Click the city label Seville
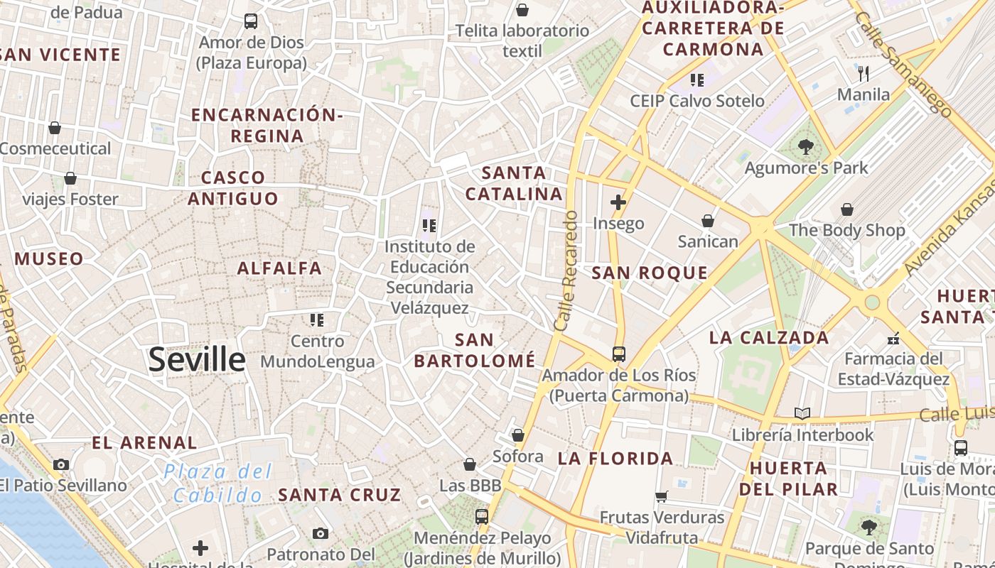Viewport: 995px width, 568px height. click(197, 360)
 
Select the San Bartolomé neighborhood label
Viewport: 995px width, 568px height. click(475, 350)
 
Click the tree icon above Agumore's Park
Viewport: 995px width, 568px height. click(806, 148)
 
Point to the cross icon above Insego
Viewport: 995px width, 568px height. click(618, 202)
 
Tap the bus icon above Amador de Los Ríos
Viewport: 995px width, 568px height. click(619, 354)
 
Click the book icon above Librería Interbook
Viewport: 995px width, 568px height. click(802, 413)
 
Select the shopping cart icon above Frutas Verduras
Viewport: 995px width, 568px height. click(662, 496)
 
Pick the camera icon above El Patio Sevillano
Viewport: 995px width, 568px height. click(61, 464)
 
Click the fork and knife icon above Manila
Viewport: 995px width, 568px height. click(864, 73)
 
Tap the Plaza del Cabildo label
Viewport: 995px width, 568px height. click(217, 483)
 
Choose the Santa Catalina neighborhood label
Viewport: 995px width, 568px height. click(514, 183)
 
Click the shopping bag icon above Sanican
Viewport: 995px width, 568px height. click(708, 221)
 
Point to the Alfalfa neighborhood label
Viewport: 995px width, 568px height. click(279, 268)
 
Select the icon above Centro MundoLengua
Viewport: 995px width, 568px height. click(317, 320)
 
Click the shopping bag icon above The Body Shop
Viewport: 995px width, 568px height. click(846, 209)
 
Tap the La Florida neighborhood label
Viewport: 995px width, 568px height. click(615, 459)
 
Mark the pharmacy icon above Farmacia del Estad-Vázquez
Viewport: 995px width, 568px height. click(894, 338)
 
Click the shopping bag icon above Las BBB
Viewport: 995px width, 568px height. click(470, 464)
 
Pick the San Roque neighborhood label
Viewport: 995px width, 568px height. click(650, 273)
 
